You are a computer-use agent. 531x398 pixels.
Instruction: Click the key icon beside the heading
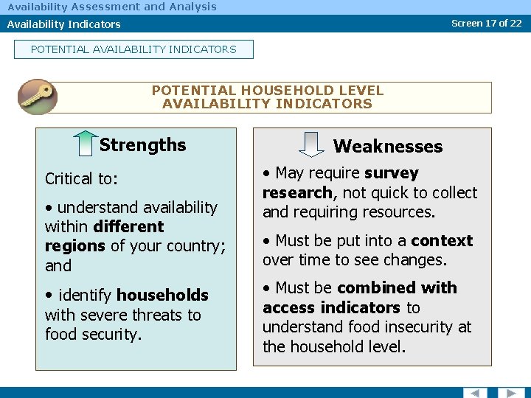[38, 97]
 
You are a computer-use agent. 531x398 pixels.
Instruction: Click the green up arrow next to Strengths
[86, 144]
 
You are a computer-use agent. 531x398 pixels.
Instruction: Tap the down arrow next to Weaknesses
[313, 144]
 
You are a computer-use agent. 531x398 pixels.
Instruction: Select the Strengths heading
[142, 145]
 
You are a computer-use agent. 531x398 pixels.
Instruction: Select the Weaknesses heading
[388, 147]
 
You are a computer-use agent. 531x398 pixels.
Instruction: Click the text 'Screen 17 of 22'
[486, 23]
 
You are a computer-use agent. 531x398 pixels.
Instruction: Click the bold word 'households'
[162, 296]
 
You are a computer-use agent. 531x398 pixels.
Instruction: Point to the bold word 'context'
[441, 241]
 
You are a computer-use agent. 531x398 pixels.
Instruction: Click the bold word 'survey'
[391, 173]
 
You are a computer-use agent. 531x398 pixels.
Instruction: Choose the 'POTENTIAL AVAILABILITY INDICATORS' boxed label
[133, 49]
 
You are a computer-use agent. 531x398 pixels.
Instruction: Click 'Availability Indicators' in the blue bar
[64, 24]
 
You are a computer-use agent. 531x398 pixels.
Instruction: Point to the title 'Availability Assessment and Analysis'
[112, 7]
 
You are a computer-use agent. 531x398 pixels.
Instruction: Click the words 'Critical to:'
[80, 179]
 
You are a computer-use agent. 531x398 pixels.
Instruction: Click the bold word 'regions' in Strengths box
[75, 246]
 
